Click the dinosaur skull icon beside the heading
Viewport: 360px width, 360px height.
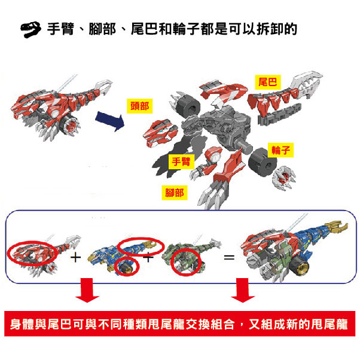coord(30,29)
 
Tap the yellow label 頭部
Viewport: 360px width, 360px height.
coord(139,106)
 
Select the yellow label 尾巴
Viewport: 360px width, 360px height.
coord(268,82)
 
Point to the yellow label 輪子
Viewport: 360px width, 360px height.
coord(280,150)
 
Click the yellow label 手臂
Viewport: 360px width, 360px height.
coord(181,161)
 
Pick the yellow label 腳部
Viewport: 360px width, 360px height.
coord(175,193)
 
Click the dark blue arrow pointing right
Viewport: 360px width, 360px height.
coord(110,121)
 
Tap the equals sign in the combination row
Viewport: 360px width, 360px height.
coord(229,257)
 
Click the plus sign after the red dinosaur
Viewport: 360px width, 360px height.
coord(76,257)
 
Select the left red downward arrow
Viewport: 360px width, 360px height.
coord(87,290)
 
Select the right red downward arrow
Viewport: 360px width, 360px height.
coord(243,290)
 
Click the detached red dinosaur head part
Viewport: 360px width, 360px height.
coord(160,133)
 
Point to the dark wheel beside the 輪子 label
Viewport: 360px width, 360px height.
coord(263,162)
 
